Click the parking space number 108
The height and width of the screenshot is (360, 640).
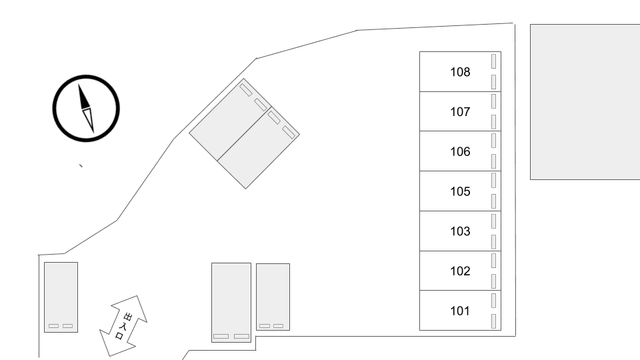click(460, 72)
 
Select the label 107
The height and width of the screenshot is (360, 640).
click(460, 112)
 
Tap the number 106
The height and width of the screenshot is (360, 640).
click(460, 151)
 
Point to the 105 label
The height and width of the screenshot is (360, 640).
click(460, 191)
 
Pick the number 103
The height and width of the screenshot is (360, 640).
click(460, 231)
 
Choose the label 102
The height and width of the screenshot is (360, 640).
click(460, 271)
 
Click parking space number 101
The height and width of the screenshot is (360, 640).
click(460, 311)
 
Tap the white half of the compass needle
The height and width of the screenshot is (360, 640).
click(89, 119)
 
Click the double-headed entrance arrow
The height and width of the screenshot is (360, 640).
click(123, 326)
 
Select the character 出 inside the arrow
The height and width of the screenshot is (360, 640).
click(128, 317)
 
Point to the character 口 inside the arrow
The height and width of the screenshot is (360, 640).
click(119, 336)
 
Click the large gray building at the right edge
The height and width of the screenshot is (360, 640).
click(585, 101)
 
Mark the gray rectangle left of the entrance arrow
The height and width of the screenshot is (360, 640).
click(61, 297)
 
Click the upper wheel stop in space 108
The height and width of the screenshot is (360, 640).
click(493, 61)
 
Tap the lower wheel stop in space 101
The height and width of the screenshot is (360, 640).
click(493, 321)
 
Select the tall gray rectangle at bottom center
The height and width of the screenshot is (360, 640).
click(231, 303)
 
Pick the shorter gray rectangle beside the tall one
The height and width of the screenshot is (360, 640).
click(273, 297)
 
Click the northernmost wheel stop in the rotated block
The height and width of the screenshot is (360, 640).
click(246, 90)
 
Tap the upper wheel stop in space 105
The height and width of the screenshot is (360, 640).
click(493, 181)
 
